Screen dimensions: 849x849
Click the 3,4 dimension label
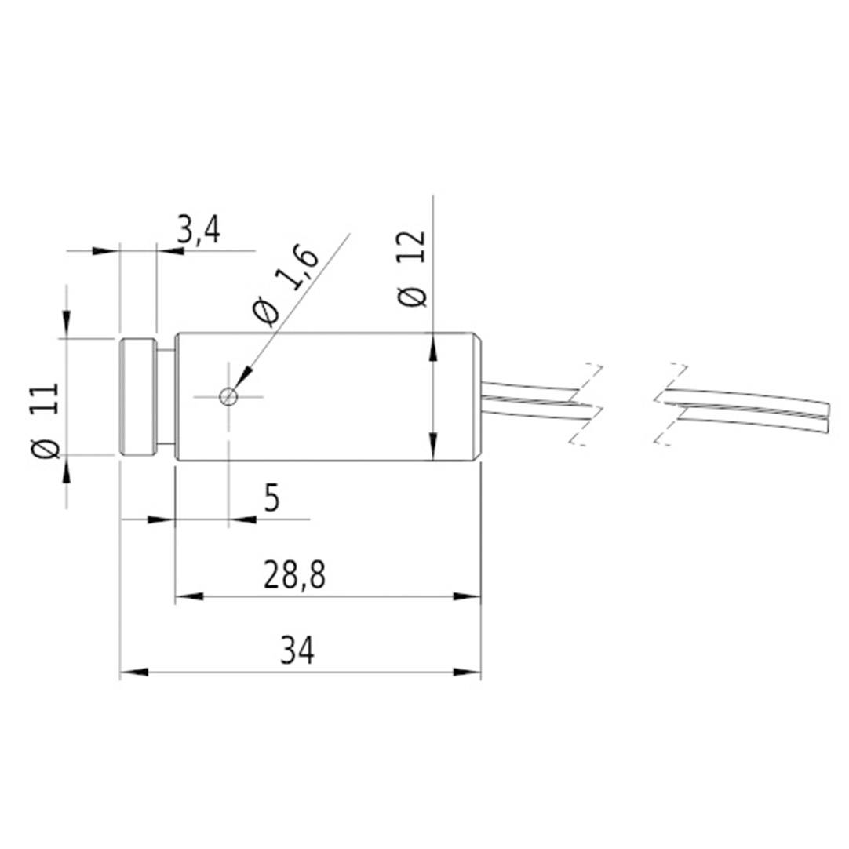tap(198, 231)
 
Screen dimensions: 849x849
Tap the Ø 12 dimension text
tap(413, 268)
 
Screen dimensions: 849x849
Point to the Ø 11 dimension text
tap(46, 421)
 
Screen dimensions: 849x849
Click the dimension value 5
tap(271, 498)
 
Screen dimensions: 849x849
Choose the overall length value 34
tap(297, 651)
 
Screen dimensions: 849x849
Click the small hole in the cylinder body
tap(228, 396)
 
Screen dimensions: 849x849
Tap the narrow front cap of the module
tap(138, 396)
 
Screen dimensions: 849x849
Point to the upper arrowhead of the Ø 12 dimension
tap(432, 345)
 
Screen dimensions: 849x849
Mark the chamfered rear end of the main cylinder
tap(476, 396)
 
